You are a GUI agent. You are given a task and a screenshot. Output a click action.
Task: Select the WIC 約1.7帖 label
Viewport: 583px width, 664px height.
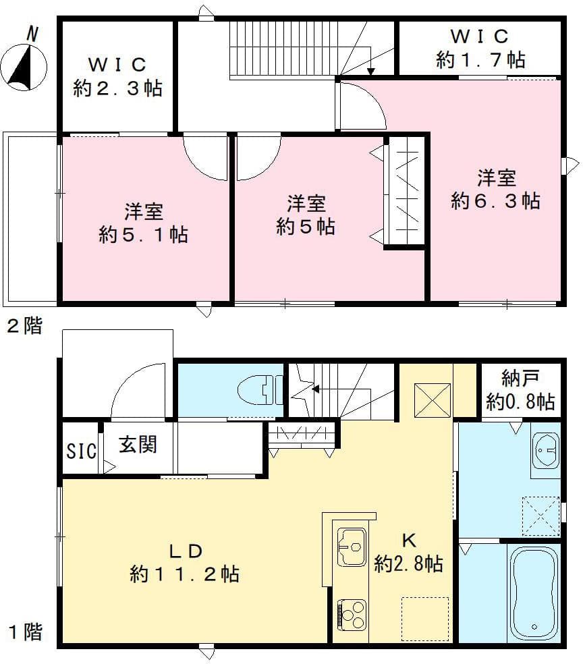tap(480, 49)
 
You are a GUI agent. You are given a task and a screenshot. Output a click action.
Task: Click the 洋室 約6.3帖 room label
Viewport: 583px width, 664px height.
tap(496, 190)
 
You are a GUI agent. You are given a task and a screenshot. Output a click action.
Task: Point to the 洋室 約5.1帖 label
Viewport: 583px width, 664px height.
tap(143, 223)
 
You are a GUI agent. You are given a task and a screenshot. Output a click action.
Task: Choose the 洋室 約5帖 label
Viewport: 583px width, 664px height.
tap(306, 215)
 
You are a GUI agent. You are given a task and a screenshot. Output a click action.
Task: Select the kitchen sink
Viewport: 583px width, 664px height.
tap(352, 547)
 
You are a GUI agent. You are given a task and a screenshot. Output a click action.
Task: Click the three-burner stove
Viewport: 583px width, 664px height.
tap(352, 615)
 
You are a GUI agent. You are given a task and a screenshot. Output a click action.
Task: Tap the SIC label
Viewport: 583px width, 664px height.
tap(81, 451)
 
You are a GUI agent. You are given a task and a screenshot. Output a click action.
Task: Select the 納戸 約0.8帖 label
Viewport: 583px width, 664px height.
tap(520, 391)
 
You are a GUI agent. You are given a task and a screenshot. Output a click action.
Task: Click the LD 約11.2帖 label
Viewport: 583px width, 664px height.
tap(184, 562)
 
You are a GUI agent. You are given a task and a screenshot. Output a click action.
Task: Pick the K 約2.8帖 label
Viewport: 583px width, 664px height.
tap(408, 553)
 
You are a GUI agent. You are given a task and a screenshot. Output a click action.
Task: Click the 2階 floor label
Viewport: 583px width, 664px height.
tap(24, 327)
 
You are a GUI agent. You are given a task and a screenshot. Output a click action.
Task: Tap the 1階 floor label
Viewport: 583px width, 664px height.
tap(26, 632)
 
